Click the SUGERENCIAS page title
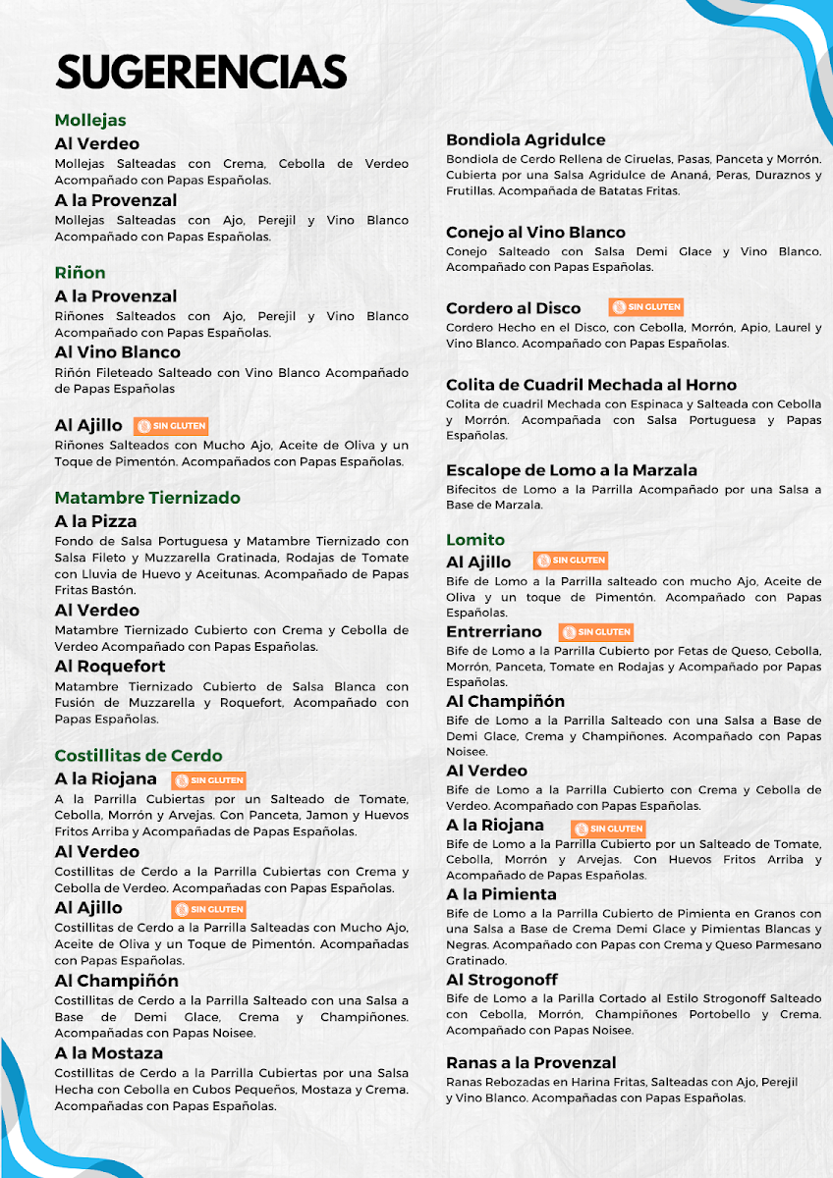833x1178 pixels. [201, 73]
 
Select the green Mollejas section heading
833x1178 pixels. [90, 121]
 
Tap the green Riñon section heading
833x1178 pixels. [80, 273]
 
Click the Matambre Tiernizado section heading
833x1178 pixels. [147, 498]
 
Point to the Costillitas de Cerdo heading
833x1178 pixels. [139, 756]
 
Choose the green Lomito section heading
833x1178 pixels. [475, 540]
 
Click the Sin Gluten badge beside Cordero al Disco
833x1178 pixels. [645, 307]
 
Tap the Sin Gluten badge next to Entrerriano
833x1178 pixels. [595, 632]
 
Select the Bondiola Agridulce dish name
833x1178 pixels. [526, 140]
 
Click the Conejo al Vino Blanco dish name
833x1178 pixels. [535, 233]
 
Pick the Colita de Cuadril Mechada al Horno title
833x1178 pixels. [591, 385]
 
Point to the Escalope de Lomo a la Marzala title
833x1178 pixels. [572, 470]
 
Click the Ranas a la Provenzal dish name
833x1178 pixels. [531, 1063]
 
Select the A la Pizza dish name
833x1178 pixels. [95, 521]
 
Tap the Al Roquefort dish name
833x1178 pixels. [110, 667]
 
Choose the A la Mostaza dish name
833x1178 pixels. [109, 1053]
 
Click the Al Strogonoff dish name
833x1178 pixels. [502, 980]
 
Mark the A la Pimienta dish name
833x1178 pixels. [501, 894]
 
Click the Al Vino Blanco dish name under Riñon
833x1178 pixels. [118, 352]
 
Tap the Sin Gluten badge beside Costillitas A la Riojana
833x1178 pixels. [208, 780]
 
